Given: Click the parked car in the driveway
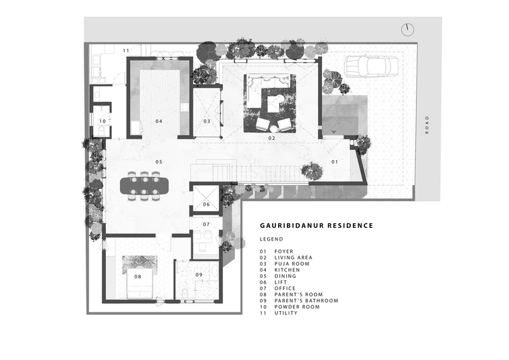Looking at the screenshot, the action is [x=372, y=66].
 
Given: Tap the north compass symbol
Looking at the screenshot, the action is [x=408, y=30].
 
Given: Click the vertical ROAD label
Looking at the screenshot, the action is [x=427, y=125].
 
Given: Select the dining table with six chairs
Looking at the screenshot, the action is [x=145, y=186].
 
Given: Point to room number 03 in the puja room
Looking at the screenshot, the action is [x=207, y=121].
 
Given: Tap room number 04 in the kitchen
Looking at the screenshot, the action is [x=159, y=121].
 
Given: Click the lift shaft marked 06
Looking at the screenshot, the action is [x=206, y=198].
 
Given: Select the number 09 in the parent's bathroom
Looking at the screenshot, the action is [x=199, y=275].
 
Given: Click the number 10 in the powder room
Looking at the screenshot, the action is [x=102, y=121].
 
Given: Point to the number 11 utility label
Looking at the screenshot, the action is [x=126, y=50].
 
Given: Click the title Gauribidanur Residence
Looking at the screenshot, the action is [x=317, y=225].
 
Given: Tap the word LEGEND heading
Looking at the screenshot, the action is [x=271, y=239].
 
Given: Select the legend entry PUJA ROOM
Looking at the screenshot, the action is [x=292, y=264].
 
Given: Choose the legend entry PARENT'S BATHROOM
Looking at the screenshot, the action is [x=307, y=301].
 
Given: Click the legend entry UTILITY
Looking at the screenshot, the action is [x=286, y=313].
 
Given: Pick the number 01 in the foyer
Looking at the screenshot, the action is [x=335, y=162].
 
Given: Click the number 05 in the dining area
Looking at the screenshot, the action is [x=159, y=162].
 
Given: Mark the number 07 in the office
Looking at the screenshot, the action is [x=206, y=224].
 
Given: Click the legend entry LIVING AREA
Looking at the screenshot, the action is [x=293, y=257].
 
